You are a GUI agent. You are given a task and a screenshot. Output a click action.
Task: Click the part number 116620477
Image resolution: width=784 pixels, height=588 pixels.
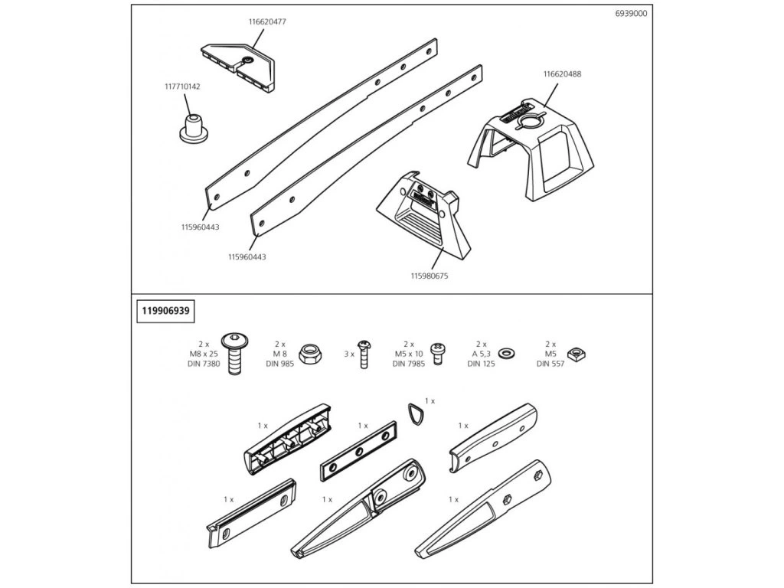click(267, 22)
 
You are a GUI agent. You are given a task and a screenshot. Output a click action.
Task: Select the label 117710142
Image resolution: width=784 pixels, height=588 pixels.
click(182, 87)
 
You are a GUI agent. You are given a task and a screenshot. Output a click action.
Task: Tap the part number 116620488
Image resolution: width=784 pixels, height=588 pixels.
click(562, 74)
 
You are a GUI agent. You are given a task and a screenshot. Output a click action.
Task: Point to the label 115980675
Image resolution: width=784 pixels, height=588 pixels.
click(430, 276)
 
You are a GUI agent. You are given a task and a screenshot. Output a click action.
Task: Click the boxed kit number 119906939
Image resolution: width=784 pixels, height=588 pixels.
click(165, 311)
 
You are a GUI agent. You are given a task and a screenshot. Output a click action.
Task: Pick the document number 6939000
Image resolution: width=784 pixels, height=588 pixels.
click(631, 14)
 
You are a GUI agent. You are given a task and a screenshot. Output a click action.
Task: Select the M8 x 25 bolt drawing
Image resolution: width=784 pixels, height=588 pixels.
click(235, 354)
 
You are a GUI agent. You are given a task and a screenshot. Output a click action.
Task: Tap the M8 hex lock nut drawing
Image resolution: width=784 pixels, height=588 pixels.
click(310, 354)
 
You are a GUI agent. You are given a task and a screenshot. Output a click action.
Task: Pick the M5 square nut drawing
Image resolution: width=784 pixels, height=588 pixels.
click(577, 354)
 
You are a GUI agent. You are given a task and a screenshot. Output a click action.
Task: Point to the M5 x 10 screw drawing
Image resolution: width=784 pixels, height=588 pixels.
click(438, 354)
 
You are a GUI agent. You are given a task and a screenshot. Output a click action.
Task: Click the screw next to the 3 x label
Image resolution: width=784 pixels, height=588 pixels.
click(364, 354)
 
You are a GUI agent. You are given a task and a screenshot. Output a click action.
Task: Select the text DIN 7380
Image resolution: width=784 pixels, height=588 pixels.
click(204, 364)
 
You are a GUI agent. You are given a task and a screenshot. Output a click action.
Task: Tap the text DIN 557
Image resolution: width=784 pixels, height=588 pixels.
click(550, 364)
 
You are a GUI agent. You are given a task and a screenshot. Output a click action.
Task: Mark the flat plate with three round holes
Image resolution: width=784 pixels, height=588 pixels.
click(358, 451)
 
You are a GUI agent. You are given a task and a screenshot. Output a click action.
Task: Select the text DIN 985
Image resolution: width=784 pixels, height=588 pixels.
click(280, 364)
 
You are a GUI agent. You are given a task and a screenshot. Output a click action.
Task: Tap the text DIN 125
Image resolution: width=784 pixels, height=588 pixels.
click(481, 364)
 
